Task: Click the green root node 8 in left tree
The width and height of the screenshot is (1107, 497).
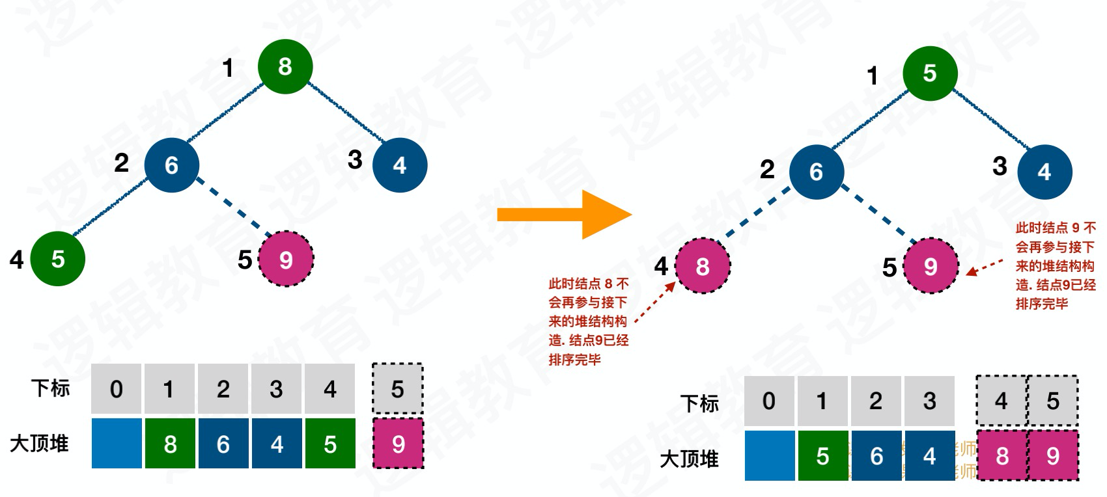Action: [x=285, y=66]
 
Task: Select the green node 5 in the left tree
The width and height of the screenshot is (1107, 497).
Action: [x=58, y=258]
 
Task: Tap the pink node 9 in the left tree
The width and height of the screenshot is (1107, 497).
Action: [x=286, y=259]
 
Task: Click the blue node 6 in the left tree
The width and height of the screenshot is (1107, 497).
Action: [x=171, y=165]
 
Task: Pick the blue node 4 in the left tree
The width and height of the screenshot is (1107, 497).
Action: [x=399, y=165]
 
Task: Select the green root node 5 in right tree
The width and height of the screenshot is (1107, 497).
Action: [x=929, y=73]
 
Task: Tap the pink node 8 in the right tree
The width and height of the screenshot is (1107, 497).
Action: [x=703, y=265]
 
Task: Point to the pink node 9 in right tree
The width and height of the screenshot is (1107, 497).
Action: [x=931, y=265]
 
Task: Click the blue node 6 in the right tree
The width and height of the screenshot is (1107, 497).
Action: [x=816, y=172]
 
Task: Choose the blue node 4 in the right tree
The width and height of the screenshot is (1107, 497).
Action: [x=1044, y=172]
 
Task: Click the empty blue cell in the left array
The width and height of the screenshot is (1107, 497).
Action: [x=117, y=444]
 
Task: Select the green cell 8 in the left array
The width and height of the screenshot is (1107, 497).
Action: [x=170, y=444]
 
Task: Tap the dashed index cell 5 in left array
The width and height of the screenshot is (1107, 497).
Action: [x=398, y=389]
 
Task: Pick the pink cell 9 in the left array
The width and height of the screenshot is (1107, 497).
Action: [x=398, y=444]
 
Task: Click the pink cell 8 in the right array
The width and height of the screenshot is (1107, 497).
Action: [x=1002, y=455]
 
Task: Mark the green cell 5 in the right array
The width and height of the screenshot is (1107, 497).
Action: [x=822, y=455]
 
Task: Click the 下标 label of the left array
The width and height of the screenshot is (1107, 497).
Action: [x=50, y=388]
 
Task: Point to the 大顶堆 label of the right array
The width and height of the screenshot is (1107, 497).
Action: [x=689, y=459]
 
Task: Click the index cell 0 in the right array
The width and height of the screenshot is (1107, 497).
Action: [x=769, y=401]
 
